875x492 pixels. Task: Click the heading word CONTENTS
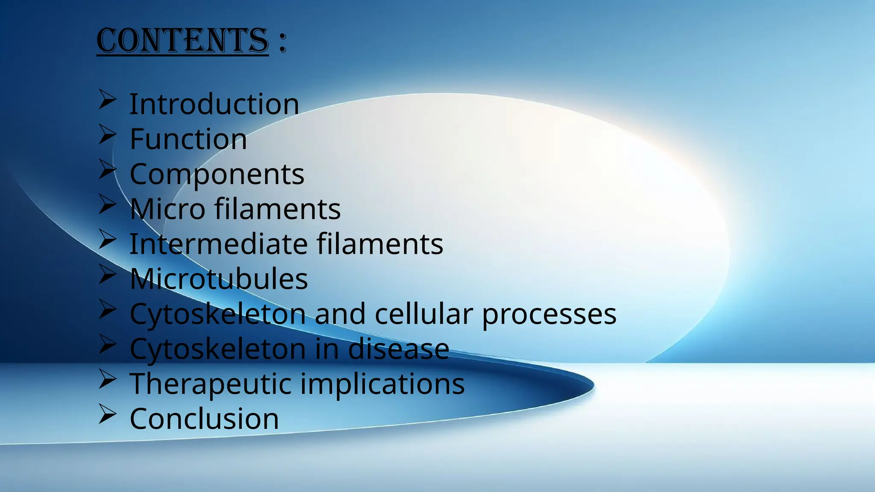[182, 41]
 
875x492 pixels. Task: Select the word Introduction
[214, 104]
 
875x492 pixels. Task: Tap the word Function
[188, 139]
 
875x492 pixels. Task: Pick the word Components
[217, 174]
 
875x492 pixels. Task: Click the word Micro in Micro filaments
[167, 209]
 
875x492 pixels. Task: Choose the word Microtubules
[218, 279]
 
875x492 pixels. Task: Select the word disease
[398, 349]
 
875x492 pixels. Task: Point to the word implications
[382, 384]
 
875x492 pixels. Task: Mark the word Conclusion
[204, 419]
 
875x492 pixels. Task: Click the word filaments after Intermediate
[379, 244]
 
